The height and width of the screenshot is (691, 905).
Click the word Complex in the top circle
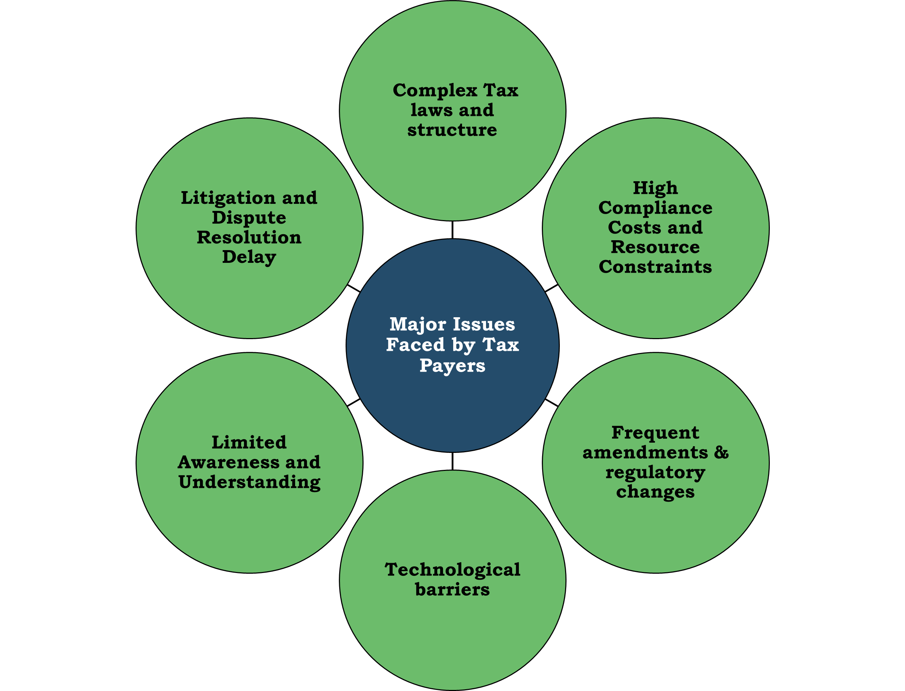(x=434, y=90)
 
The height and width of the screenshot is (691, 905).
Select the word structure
(x=452, y=130)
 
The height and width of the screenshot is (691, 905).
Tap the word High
(x=655, y=188)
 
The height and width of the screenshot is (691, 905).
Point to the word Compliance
(x=655, y=208)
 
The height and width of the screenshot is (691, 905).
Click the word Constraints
(x=655, y=267)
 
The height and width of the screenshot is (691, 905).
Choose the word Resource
(x=655, y=247)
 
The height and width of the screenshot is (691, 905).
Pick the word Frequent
(x=655, y=433)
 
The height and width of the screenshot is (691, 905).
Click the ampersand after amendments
(x=721, y=453)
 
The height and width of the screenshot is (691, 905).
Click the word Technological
(x=452, y=570)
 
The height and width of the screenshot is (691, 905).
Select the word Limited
(x=249, y=443)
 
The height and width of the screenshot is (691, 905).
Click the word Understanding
(x=249, y=483)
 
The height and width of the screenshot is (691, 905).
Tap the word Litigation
(x=228, y=198)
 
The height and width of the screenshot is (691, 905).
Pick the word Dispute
(x=249, y=218)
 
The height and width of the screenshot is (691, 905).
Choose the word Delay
(x=249, y=258)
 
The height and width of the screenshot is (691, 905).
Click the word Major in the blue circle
(x=418, y=325)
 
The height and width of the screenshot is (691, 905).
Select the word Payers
(x=452, y=366)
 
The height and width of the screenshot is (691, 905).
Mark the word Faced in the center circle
(x=415, y=345)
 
